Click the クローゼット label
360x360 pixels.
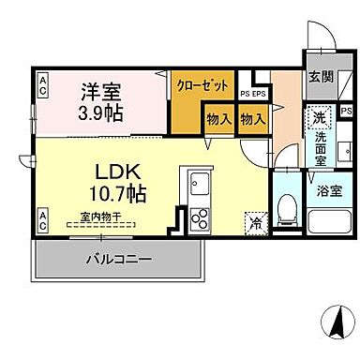pyautogui.click(x=203, y=84)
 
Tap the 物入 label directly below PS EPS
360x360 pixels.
pyautogui.click(x=251, y=119)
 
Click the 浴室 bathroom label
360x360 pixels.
pyautogui.click(x=329, y=189)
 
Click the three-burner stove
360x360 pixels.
pyautogui.click(x=201, y=217)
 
